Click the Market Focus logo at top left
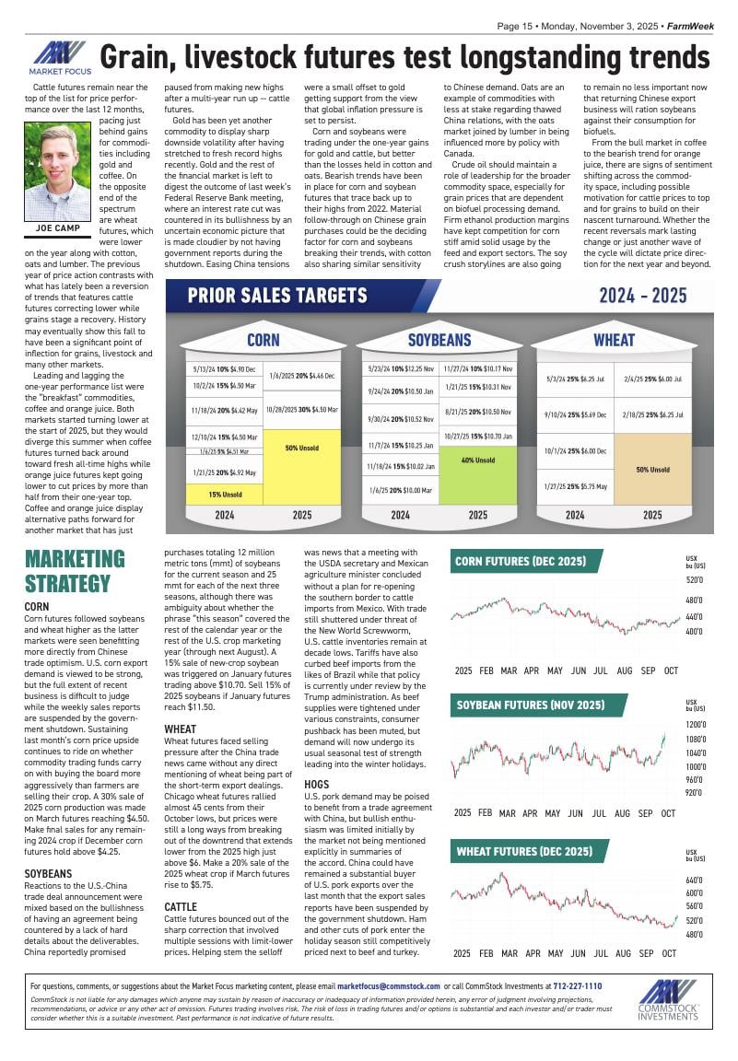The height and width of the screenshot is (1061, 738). pos(57,57)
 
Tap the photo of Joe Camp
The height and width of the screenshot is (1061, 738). pos(57,172)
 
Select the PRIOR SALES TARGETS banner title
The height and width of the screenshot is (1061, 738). pos(277,296)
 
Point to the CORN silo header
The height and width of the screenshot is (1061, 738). pos(263,340)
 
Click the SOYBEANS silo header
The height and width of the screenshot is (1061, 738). pos(439,340)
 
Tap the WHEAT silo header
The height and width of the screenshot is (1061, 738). pos(614,340)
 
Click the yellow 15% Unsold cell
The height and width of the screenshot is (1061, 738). pos(225,494)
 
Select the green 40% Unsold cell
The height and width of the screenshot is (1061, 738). pos(478,460)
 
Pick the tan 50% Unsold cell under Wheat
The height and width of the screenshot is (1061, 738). pos(652,469)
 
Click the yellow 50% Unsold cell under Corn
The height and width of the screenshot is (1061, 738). pos(302,448)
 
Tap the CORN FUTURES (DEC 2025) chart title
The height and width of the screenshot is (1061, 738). pos(520,562)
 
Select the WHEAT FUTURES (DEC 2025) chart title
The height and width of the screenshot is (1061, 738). pos(523,851)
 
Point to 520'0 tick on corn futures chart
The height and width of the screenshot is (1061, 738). pos(694,580)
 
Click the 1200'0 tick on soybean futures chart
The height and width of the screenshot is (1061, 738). pos(695,725)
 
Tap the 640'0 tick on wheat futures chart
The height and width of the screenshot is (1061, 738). pos(694,880)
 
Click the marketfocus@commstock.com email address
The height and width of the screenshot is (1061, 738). pos(381,986)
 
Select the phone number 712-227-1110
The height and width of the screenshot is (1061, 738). pos(577,986)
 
